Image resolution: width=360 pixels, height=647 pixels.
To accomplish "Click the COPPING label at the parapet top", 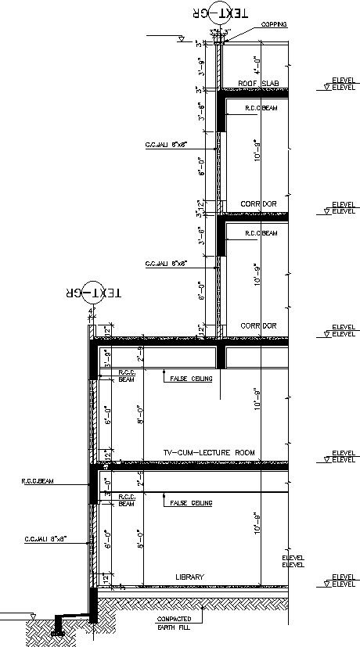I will [273, 25].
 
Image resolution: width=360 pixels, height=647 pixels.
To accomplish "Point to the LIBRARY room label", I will [189, 577].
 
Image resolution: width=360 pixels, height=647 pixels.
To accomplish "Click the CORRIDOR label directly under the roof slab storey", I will [258, 204].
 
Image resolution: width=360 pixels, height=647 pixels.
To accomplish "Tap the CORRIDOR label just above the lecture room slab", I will [258, 325].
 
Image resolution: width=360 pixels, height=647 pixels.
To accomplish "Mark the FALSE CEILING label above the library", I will [191, 502].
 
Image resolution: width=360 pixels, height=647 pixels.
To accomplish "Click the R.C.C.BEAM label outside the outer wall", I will [37, 482].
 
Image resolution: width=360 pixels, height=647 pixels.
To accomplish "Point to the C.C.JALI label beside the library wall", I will [45, 539].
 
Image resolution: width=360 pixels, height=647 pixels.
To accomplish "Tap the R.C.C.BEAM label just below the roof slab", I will [261, 109].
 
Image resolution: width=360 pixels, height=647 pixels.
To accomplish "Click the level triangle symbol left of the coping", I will [181, 38].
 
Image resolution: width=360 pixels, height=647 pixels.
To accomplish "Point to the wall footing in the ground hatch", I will [58, 626].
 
